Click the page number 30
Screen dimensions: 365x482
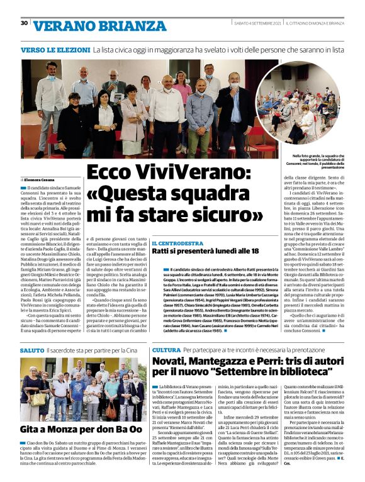point(24,23)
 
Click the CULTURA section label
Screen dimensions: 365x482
point(166,349)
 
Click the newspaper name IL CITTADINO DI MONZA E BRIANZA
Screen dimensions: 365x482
point(313,24)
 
